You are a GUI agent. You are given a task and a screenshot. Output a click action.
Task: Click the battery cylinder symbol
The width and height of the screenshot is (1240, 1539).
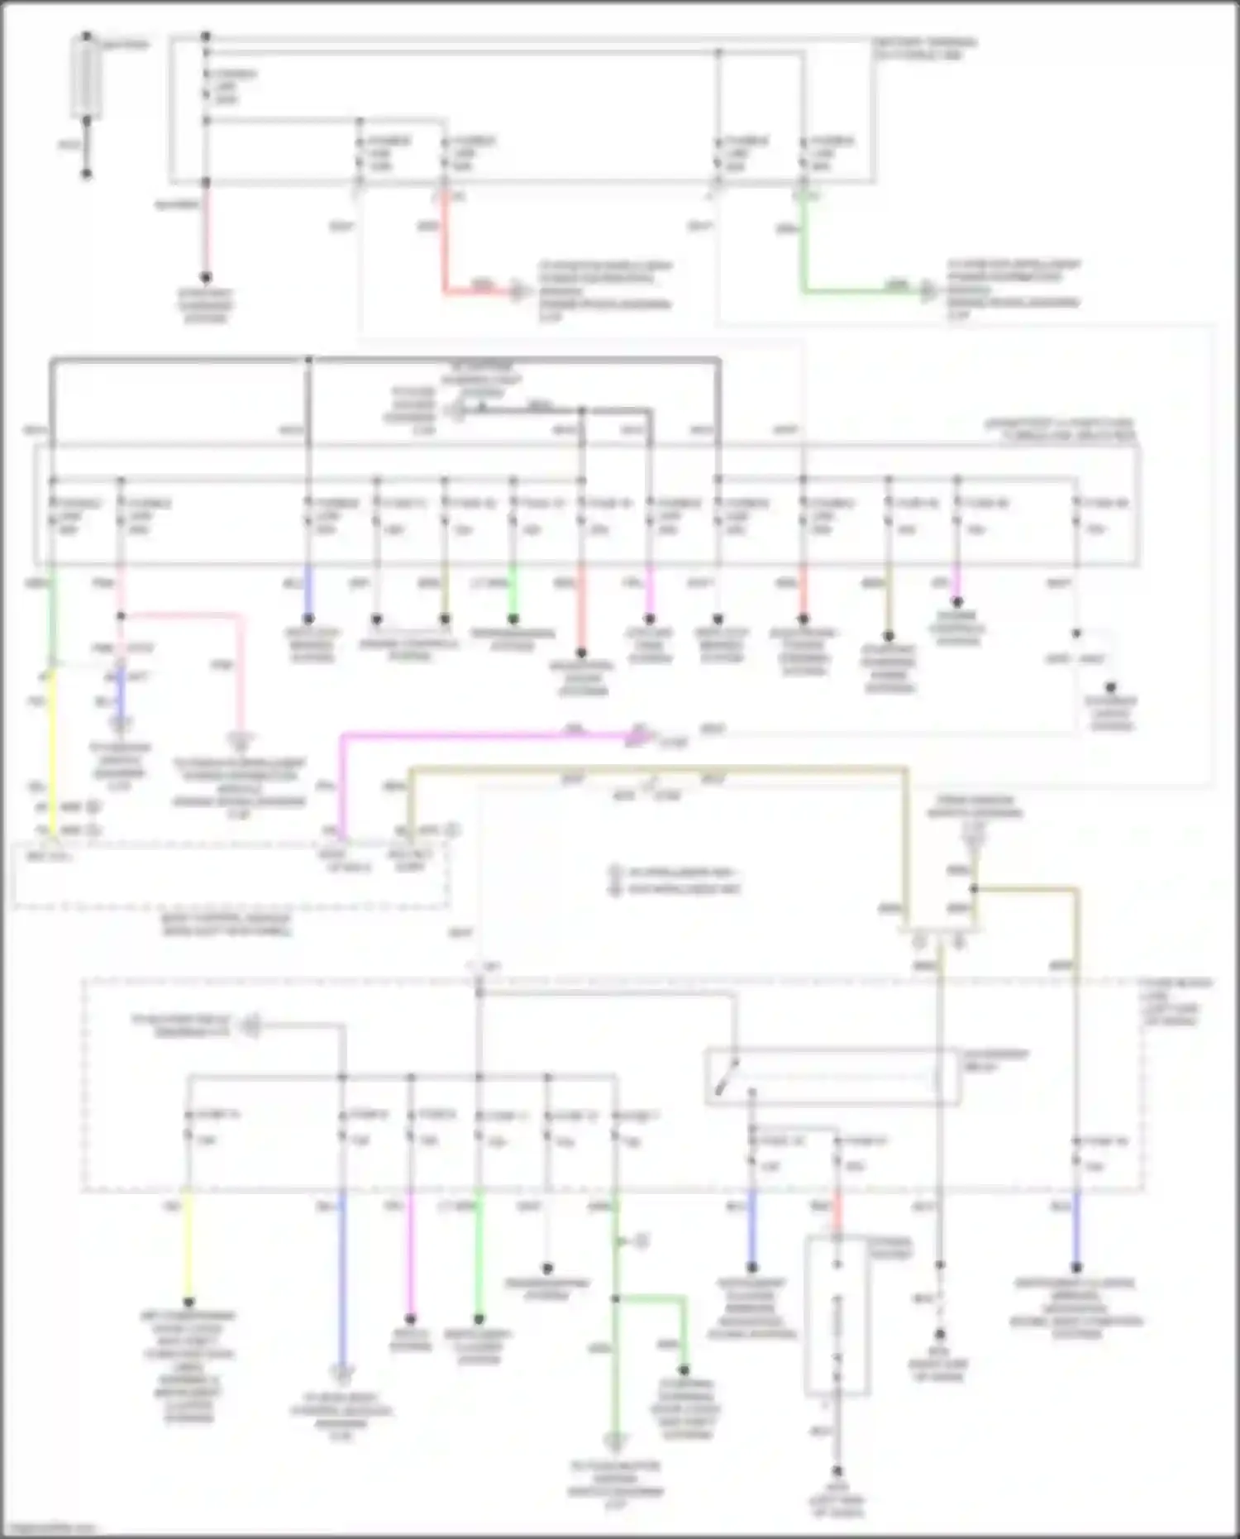(86, 77)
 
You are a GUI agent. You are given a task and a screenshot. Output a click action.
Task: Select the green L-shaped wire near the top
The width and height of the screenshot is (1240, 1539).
(804, 256)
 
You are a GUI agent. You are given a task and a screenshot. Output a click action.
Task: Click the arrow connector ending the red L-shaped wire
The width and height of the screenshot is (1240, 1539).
(518, 291)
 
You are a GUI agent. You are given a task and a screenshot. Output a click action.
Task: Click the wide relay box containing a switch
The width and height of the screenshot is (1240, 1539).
(832, 1077)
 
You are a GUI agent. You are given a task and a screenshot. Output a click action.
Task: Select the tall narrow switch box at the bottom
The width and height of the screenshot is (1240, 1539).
(837, 1315)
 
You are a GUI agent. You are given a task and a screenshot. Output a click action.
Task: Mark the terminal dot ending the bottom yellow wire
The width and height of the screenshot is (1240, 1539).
(188, 1302)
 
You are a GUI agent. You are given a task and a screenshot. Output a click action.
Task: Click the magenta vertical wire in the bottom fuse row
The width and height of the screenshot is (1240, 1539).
(410, 1257)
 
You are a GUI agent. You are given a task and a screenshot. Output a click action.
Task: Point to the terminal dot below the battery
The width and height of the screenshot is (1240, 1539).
(86, 174)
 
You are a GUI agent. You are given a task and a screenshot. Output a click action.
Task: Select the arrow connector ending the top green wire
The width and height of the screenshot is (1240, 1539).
(930, 291)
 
